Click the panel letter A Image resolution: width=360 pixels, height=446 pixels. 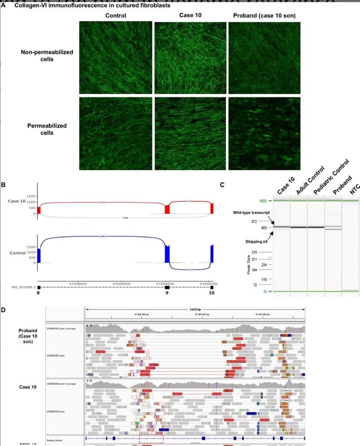tap(3, 6)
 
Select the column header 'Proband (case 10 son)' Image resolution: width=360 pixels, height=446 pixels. tap(264, 16)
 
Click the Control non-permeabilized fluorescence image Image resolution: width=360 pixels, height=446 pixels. tap(116, 57)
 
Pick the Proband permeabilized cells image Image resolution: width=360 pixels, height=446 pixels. tap(264, 133)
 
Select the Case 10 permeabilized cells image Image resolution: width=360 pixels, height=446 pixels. tap(190, 133)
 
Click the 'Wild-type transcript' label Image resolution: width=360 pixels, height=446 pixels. tap(251, 213)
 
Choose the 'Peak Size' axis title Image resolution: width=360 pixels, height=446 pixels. tap(248, 265)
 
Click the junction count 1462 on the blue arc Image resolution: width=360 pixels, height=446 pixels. tap(103, 236)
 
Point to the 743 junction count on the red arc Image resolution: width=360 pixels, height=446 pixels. tap(190, 201)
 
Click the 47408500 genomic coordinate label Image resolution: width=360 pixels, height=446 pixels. tap(121, 284)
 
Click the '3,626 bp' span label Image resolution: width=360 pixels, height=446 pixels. tap(195, 309)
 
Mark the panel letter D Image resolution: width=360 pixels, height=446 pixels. tap(3, 310)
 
